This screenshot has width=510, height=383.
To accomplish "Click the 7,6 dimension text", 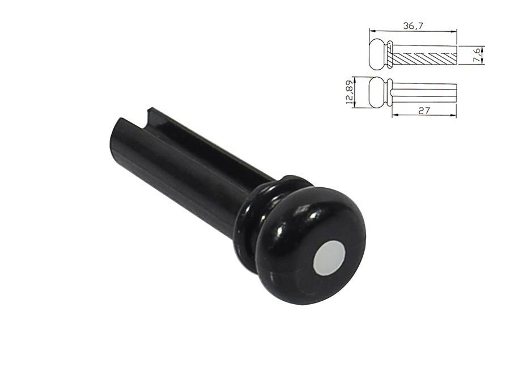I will pos(478,54).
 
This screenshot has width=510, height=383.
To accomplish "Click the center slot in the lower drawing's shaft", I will pos(425,92).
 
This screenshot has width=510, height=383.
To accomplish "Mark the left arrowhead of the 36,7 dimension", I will pos(371,31).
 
